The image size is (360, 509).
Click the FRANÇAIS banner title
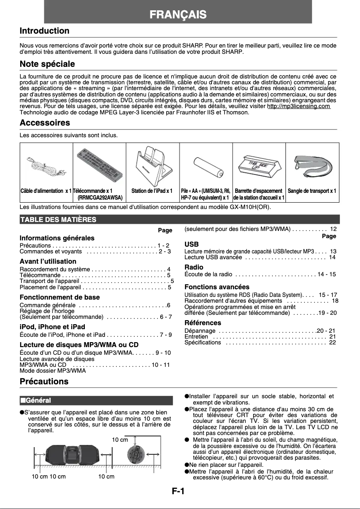point(178,15)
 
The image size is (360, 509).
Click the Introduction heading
point(44,31)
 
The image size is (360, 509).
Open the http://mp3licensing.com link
point(299,106)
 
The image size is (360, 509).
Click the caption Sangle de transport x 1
point(312,191)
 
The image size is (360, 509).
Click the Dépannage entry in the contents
point(200,331)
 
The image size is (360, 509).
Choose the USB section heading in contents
point(192,244)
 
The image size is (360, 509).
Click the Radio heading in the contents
point(194,267)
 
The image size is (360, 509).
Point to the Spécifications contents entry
point(203,343)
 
